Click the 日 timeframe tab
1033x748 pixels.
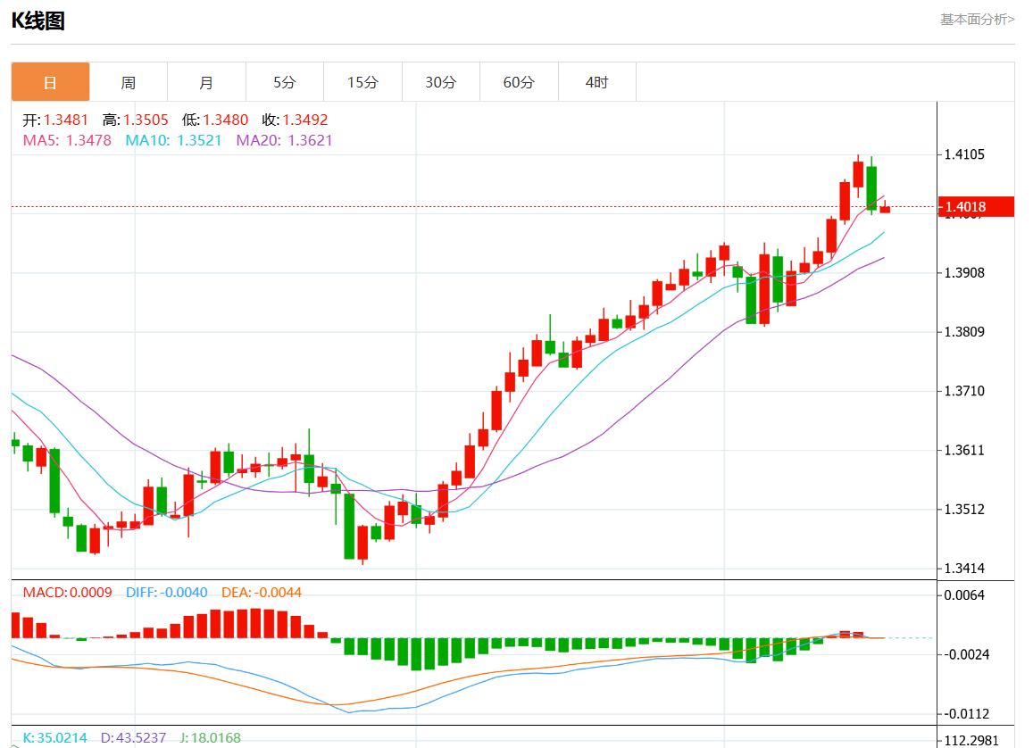tap(50, 82)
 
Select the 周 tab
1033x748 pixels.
tap(129, 82)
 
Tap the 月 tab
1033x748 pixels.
tap(206, 82)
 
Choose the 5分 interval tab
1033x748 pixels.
tap(284, 82)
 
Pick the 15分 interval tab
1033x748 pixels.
tap(362, 82)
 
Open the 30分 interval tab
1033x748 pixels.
tap(440, 82)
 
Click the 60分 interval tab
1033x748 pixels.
tap(519, 82)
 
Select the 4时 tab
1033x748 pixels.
tap(596, 82)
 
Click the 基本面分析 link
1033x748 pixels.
tap(977, 19)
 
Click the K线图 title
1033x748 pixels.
tap(38, 21)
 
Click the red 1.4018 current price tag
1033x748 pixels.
tap(976, 207)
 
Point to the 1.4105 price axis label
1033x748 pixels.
tap(964, 154)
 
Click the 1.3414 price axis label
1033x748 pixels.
tap(964, 569)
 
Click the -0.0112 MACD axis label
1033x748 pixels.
tap(966, 714)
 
